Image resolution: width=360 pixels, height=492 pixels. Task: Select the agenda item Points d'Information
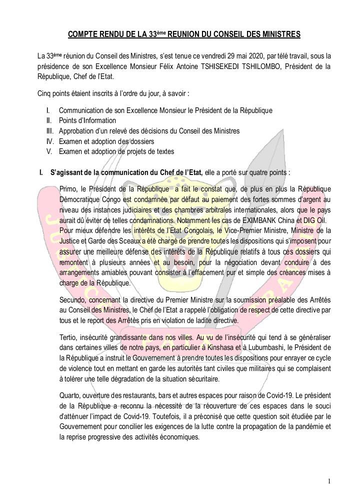[87, 120]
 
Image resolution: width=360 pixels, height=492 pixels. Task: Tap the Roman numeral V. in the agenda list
[49, 151]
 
